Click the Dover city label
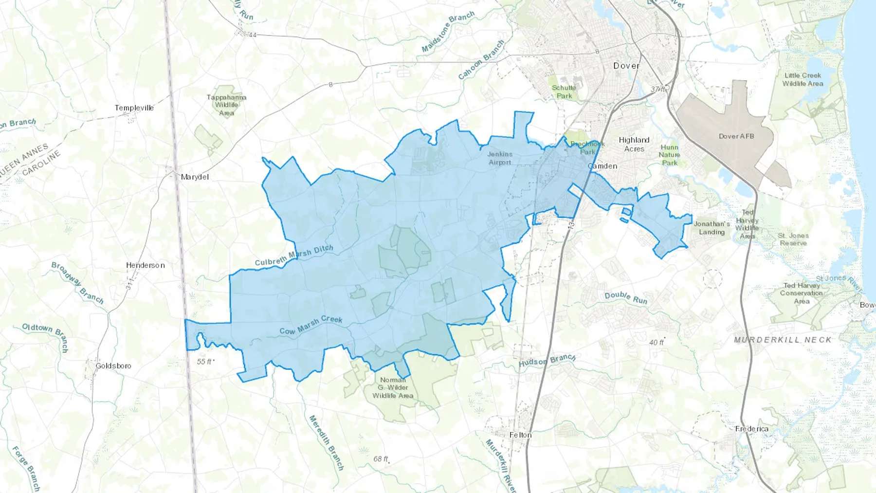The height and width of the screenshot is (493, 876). point(626,66)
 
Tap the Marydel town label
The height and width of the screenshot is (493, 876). point(195,177)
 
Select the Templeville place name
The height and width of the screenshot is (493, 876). point(134,108)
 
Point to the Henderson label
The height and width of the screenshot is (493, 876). point(145,265)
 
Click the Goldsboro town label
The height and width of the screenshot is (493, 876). point(113,365)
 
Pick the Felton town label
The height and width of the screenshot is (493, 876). point(520,435)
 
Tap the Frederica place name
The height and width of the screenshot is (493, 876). point(752,429)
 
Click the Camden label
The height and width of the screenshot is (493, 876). point(602,166)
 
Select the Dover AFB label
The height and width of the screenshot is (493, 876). point(736,136)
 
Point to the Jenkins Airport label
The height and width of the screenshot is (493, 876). point(500,158)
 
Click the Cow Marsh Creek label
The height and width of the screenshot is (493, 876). point(311,325)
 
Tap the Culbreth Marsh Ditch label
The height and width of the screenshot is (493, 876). point(294,255)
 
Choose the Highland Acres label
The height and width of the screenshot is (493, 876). point(634,144)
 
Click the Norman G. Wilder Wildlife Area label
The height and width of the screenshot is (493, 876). point(393,388)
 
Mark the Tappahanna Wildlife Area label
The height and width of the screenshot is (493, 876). point(226,105)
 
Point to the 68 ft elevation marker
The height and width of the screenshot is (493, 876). point(381,459)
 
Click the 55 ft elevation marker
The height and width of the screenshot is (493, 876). point(205,362)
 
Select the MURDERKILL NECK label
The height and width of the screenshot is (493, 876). point(783,340)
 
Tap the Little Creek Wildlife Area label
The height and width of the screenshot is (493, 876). point(803,79)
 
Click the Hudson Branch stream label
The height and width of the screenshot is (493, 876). point(547,361)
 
